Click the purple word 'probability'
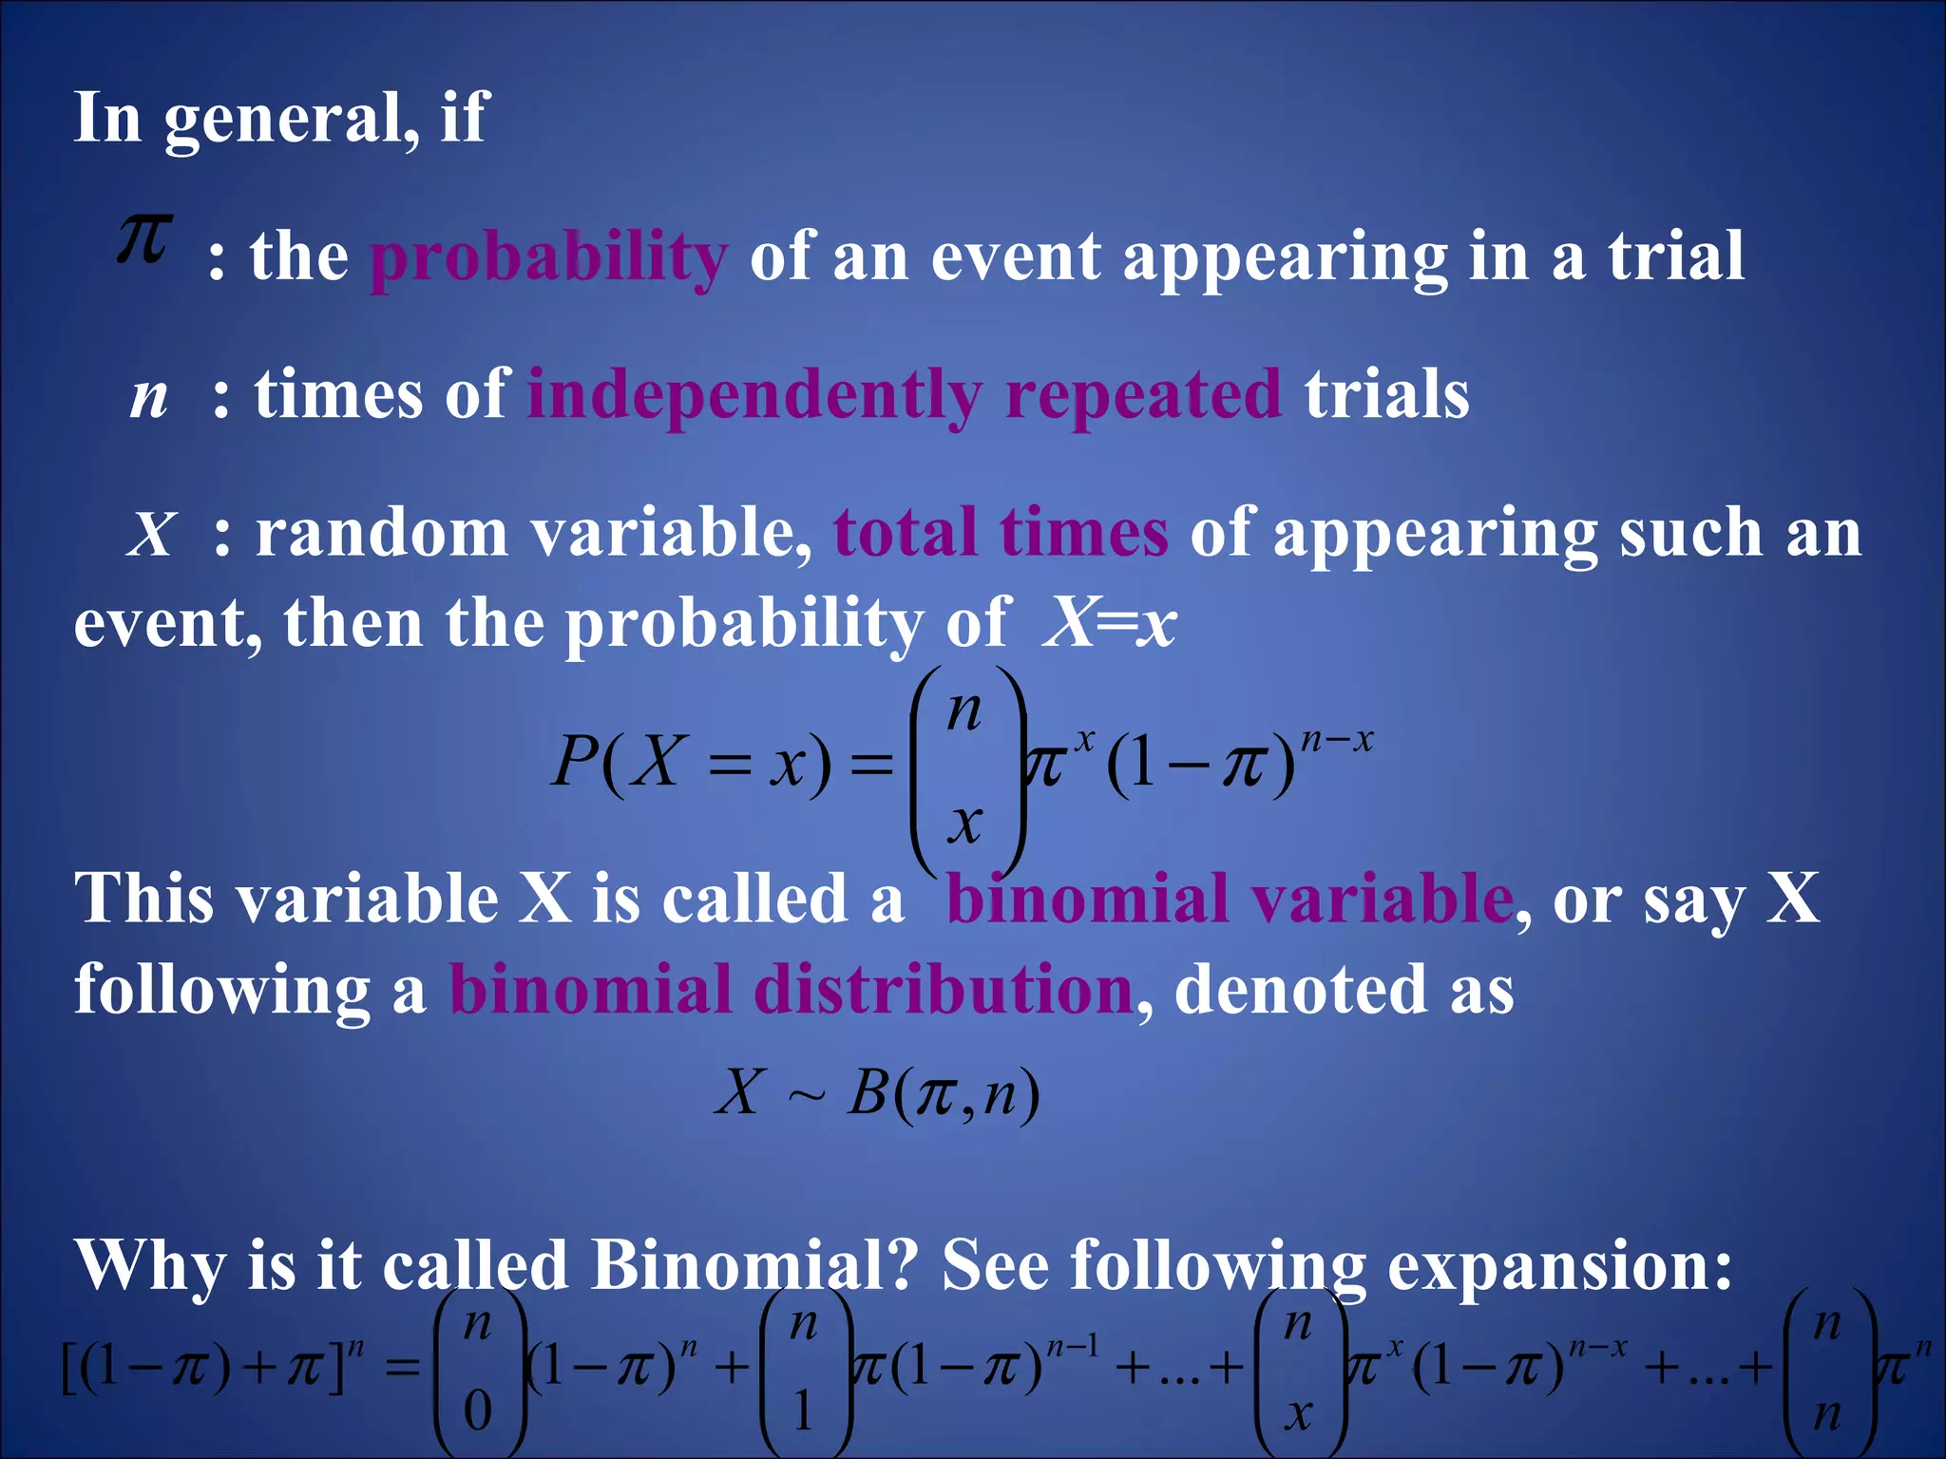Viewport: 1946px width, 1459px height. coord(548,257)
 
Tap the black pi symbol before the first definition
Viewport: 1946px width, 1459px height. coord(143,238)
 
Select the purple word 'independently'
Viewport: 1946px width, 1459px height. coord(754,395)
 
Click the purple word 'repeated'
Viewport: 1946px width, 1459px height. coord(1143,395)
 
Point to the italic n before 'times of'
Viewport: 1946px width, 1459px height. coord(149,397)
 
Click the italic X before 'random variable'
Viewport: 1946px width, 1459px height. coord(152,535)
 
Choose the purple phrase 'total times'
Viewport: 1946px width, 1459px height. coord(1001,533)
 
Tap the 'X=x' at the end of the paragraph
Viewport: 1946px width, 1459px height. coord(1110,624)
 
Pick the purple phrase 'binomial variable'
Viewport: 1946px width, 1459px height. coord(1230,899)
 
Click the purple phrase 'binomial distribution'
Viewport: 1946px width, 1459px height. coord(791,990)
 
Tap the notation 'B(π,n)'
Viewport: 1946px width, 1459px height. coord(944,1093)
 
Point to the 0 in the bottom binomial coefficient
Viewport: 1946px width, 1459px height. coord(478,1411)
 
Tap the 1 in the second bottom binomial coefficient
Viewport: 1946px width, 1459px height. coord(803,1411)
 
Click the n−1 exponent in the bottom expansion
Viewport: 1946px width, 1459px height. coord(1072,1347)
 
